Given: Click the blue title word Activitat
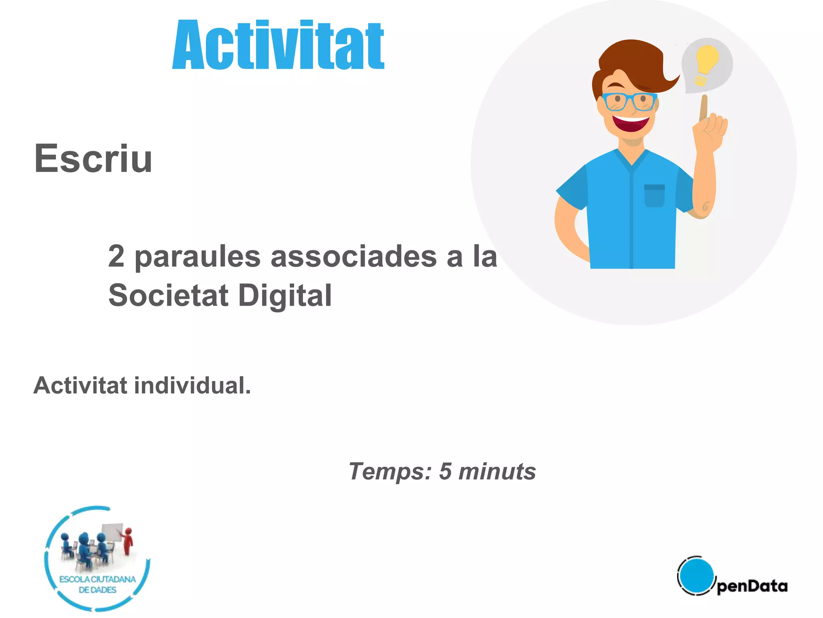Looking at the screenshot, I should coord(278,45).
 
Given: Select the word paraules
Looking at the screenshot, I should coord(197,257).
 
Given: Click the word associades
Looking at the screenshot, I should coord(354,257).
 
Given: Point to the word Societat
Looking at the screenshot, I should coord(168,295).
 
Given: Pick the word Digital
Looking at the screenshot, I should coord(285,295).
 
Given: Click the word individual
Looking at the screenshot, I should coord(192,385).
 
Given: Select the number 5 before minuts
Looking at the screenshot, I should coord(445,471).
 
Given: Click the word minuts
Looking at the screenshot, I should coord(497,471).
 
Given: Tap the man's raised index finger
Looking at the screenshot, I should coord(704,107).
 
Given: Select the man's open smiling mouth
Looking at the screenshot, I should coord(630,123).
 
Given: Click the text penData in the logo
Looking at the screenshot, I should coord(752,586).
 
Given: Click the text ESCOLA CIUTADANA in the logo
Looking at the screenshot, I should coord(98,579).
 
